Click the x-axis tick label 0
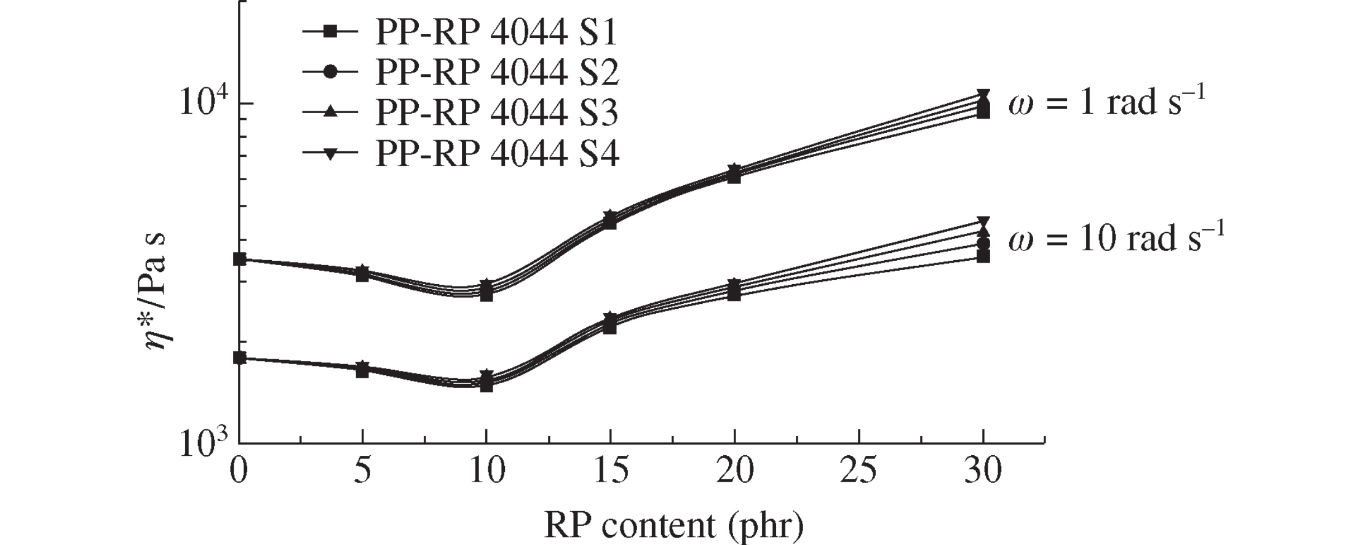[x=239, y=471]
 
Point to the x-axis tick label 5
[x=363, y=471]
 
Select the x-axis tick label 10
[x=486, y=471]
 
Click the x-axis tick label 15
[x=611, y=471]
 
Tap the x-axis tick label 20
[x=734, y=471]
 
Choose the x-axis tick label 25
[x=859, y=471]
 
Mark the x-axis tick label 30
[x=983, y=471]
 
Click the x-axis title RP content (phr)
[x=673, y=525]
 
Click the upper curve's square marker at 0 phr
[x=239, y=259]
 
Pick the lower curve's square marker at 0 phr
[x=239, y=358]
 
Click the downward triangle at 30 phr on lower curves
[x=983, y=222]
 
